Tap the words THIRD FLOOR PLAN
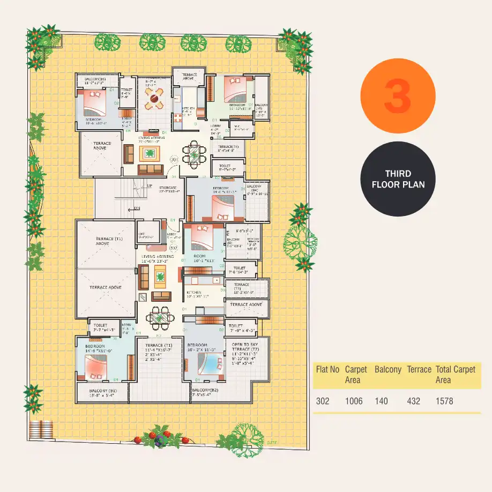(x=398, y=179)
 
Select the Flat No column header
(x=327, y=370)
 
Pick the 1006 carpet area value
(x=354, y=401)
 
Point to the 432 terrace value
(x=413, y=401)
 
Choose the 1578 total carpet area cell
(x=444, y=401)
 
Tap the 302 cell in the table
(x=323, y=401)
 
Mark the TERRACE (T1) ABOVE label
(x=105, y=241)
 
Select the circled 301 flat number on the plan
(x=174, y=160)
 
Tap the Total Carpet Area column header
(x=455, y=375)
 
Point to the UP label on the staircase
(x=150, y=186)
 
